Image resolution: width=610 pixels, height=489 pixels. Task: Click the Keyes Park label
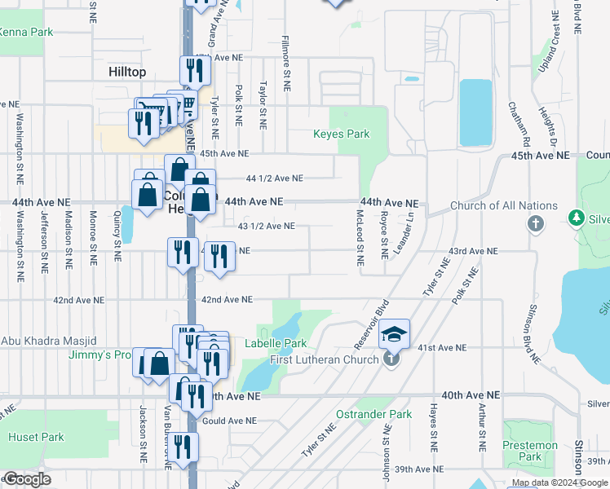[342, 134]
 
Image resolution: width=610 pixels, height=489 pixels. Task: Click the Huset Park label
[36, 437]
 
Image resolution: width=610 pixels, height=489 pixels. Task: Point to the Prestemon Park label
[530, 451]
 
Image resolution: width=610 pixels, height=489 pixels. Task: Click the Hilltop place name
[126, 72]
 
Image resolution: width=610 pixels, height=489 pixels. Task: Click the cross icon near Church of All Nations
[535, 223]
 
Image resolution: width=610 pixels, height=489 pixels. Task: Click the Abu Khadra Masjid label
[49, 341]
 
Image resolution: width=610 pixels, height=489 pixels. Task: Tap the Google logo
[27, 479]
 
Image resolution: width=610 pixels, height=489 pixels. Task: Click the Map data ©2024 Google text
[559, 482]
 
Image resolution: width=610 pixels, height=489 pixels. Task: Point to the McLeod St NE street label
[360, 237]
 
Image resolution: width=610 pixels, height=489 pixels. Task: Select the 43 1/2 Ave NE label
[266, 227]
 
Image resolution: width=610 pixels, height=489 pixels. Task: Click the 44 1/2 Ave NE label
[274, 178]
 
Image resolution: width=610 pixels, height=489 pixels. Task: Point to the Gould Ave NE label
[228, 421]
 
